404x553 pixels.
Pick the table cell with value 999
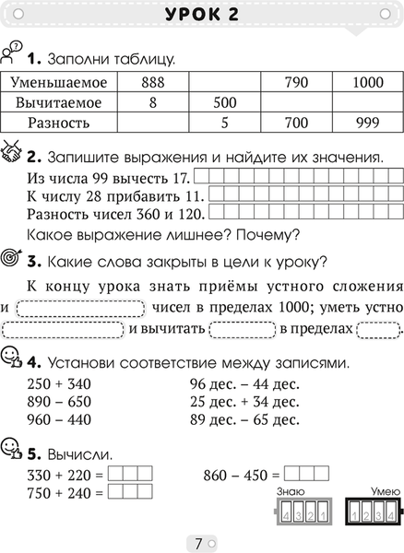click(x=367, y=122)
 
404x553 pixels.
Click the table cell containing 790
click(x=295, y=82)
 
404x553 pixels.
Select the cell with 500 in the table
click(x=224, y=101)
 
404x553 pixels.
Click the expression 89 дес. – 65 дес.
click(x=244, y=420)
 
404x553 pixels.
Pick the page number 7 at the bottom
click(x=200, y=542)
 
